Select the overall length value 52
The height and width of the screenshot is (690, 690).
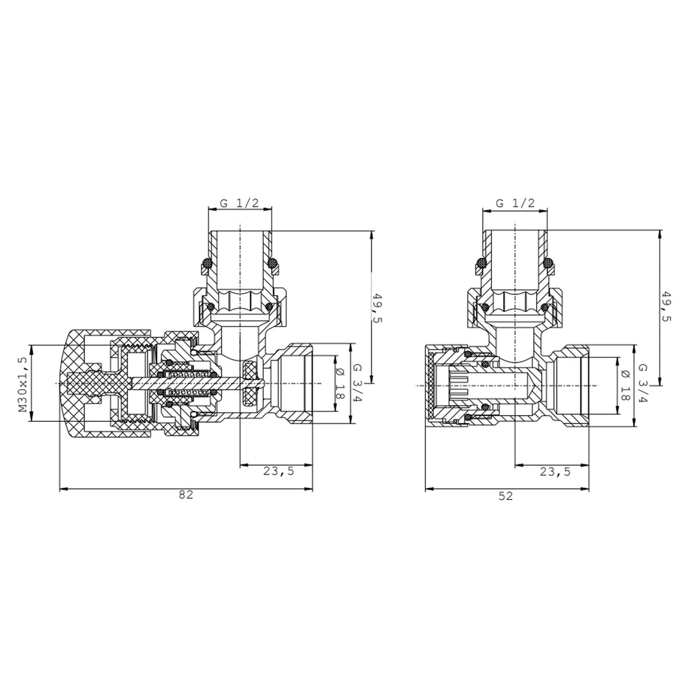(506, 496)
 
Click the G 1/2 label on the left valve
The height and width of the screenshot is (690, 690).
(241, 203)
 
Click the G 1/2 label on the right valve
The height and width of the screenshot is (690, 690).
(515, 203)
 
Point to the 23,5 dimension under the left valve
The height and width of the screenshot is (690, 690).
(278, 471)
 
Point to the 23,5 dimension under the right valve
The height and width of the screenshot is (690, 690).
(555, 472)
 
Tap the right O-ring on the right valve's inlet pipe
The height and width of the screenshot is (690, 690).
(551, 263)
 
